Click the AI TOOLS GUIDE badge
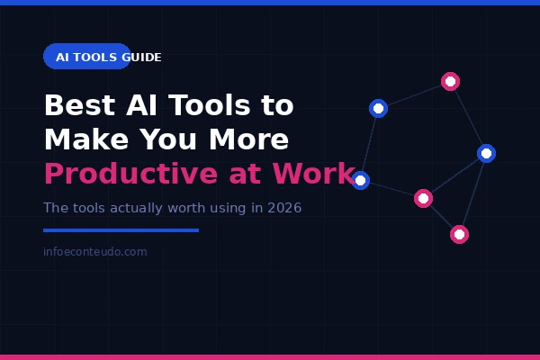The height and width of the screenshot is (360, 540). [87, 57]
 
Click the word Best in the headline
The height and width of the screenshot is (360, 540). [80, 105]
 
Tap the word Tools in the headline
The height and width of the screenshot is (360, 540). [206, 105]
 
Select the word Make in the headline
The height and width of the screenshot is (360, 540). [83, 139]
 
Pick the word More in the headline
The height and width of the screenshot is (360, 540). [248, 139]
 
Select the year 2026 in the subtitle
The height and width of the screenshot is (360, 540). [284, 208]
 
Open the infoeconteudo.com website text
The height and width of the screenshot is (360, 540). [94, 252]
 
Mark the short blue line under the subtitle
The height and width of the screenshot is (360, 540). [121, 230]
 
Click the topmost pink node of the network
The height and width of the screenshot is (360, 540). [451, 82]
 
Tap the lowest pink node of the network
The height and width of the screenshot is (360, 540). [459, 234]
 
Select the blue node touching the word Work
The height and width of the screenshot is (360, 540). [361, 180]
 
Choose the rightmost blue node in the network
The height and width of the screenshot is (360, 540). [486, 153]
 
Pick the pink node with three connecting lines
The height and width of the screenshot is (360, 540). [423, 198]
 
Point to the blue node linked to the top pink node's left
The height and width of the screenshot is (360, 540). [379, 108]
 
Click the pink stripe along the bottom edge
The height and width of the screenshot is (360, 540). [270, 357]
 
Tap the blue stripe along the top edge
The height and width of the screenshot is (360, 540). [270, 3]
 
